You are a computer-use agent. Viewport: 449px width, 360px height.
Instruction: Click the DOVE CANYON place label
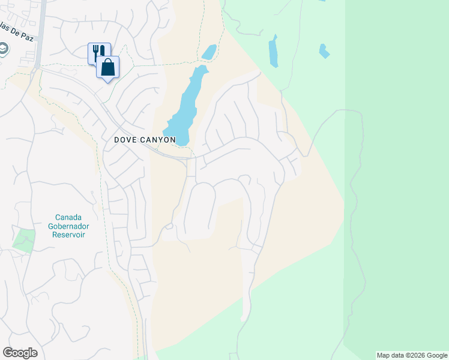(145, 140)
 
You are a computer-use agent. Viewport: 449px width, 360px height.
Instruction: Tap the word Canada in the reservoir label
(68, 217)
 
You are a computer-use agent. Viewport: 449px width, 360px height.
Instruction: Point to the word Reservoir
(68, 235)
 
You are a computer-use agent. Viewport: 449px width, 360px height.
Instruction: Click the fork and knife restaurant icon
(98, 52)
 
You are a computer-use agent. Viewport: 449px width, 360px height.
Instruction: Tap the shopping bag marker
(108, 67)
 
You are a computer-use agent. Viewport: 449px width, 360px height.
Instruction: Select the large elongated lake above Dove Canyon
(185, 102)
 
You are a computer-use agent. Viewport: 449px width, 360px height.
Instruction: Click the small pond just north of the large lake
(209, 52)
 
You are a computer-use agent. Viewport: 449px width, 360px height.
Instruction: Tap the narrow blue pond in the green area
(274, 51)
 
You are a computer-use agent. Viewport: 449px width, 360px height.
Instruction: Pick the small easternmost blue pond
(324, 52)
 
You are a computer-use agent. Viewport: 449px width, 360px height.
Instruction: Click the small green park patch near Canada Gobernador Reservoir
(23, 241)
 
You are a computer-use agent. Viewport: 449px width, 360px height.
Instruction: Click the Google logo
(20, 353)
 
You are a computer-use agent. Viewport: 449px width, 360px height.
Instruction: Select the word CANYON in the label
(157, 140)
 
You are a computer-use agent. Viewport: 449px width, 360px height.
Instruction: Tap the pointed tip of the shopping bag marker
(108, 81)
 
